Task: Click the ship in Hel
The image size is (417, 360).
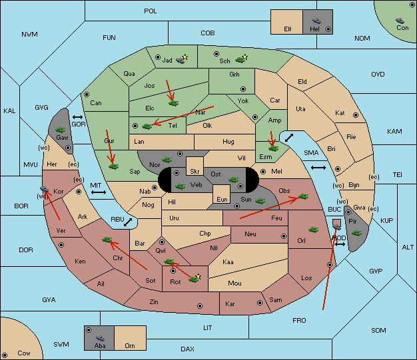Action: [x=316, y=21]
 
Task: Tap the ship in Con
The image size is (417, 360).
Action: [x=400, y=21]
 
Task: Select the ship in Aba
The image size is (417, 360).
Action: [x=101, y=338]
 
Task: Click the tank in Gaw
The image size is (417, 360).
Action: [x=61, y=130]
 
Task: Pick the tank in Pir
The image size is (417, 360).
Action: [x=356, y=233]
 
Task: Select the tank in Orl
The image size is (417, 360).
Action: [x=313, y=230]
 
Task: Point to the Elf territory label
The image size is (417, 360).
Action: [x=288, y=29]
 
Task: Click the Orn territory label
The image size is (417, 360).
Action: [x=130, y=345]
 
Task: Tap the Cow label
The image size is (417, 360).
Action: [x=24, y=353]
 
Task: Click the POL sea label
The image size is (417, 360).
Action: [x=151, y=11]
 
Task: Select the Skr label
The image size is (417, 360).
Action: [x=195, y=172]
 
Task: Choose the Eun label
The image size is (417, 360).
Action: [x=222, y=200]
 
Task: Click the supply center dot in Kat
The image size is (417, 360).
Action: [x=356, y=115]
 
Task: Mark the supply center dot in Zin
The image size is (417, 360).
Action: [x=200, y=306]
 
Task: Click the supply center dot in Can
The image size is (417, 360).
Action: [x=87, y=94]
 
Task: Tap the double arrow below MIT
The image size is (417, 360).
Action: [x=99, y=192]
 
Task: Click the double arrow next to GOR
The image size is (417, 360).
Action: [x=78, y=117]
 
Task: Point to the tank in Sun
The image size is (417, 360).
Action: [x=260, y=201]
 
